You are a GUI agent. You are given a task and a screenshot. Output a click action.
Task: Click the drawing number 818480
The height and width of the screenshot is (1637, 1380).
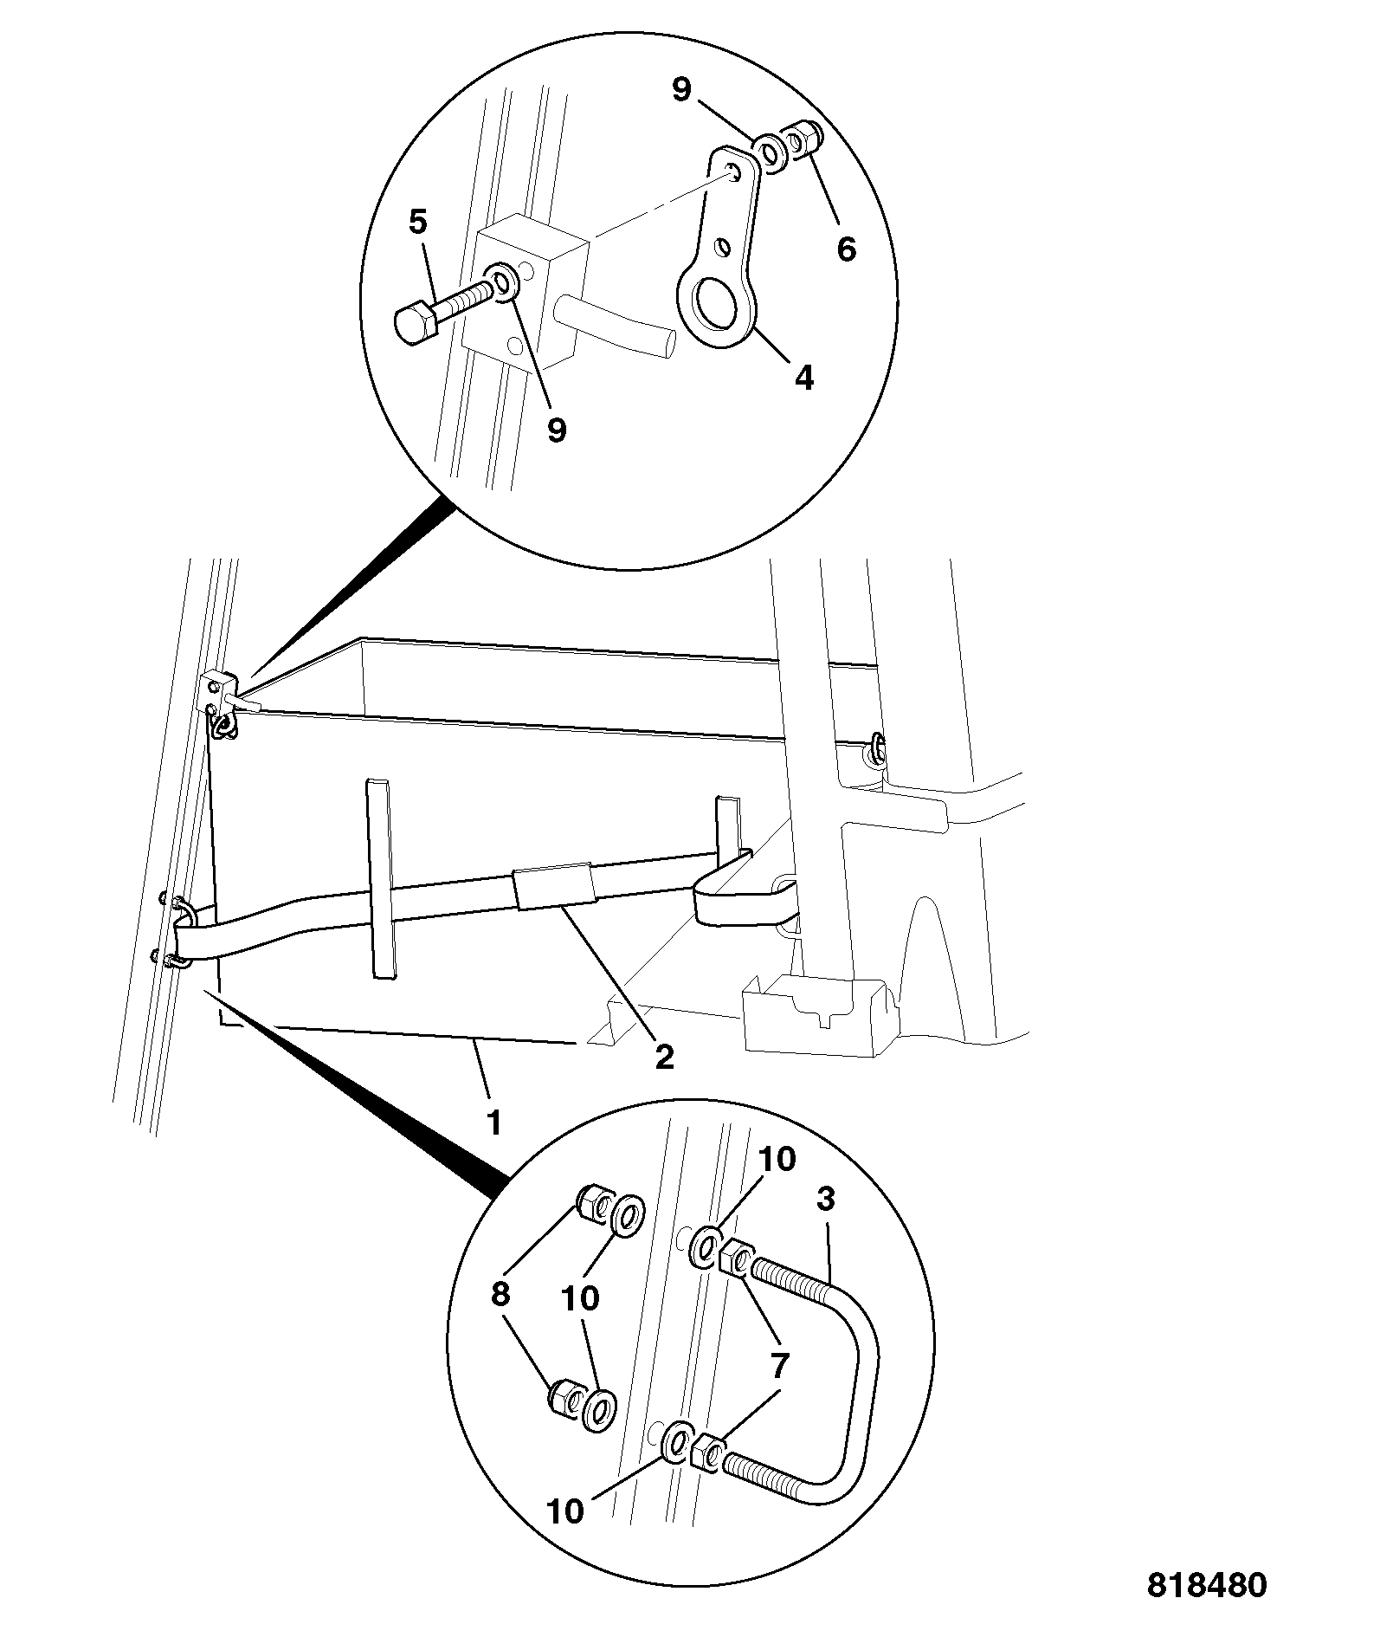(1207, 1584)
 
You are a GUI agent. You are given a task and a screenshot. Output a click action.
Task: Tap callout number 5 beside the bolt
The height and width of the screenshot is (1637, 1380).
(417, 223)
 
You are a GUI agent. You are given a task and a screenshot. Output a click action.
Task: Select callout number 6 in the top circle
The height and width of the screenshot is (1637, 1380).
(846, 249)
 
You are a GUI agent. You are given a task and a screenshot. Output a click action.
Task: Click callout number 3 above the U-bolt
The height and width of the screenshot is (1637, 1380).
(825, 1199)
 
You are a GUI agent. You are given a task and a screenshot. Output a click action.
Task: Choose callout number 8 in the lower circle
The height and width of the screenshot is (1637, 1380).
(500, 1294)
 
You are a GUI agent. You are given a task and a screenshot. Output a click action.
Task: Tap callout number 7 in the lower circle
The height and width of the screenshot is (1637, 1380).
(779, 1366)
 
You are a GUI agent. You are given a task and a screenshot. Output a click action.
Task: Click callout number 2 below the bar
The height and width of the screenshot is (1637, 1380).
(664, 1056)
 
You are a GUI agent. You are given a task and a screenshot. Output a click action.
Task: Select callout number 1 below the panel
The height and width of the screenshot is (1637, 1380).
(493, 1123)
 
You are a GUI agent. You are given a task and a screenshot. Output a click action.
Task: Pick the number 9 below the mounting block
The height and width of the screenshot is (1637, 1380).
(557, 429)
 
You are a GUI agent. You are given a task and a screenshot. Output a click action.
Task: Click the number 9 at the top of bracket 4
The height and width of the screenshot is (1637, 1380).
(681, 89)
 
